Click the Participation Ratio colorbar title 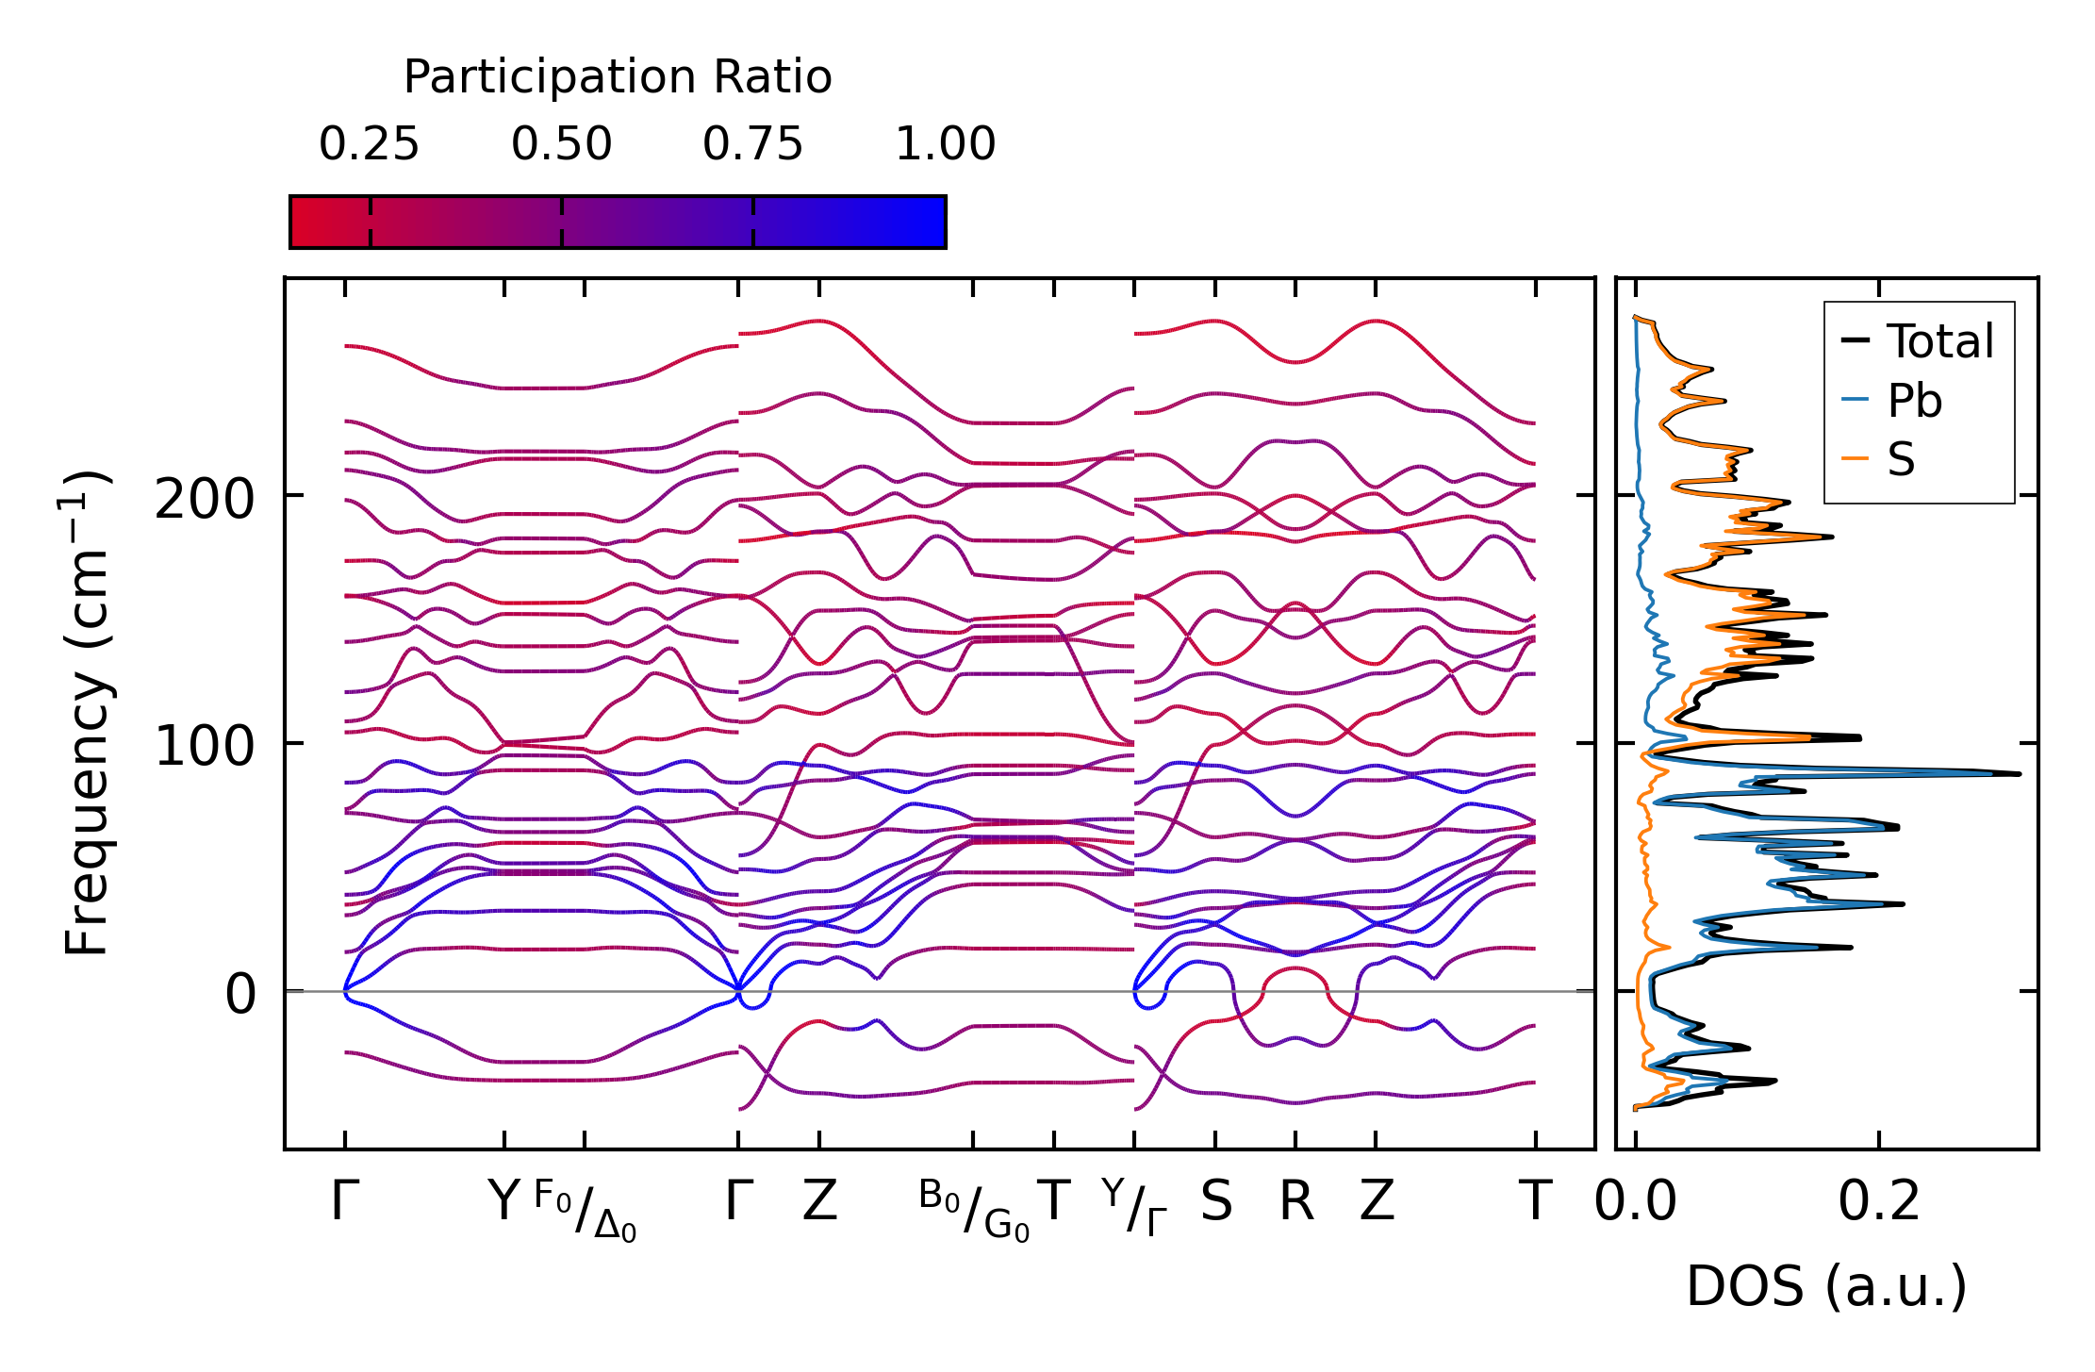point(618,77)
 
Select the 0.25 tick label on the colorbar point(369,144)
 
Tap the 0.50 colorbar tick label point(561,144)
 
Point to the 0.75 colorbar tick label point(752,144)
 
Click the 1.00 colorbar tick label point(945,144)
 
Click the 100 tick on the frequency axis point(205,747)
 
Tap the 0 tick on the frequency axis point(239,995)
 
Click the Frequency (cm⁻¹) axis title point(87,713)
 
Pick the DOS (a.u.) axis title point(1826,1286)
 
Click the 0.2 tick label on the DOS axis point(1878,1202)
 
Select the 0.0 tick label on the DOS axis point(1635,1202)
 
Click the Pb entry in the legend point(1914,402)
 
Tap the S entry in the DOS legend point(1901,460)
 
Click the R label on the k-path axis point(1295,1202)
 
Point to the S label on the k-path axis point(1215,1202)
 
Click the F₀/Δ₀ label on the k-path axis point(585,1210)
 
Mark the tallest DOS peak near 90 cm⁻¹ point(2018,774)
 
